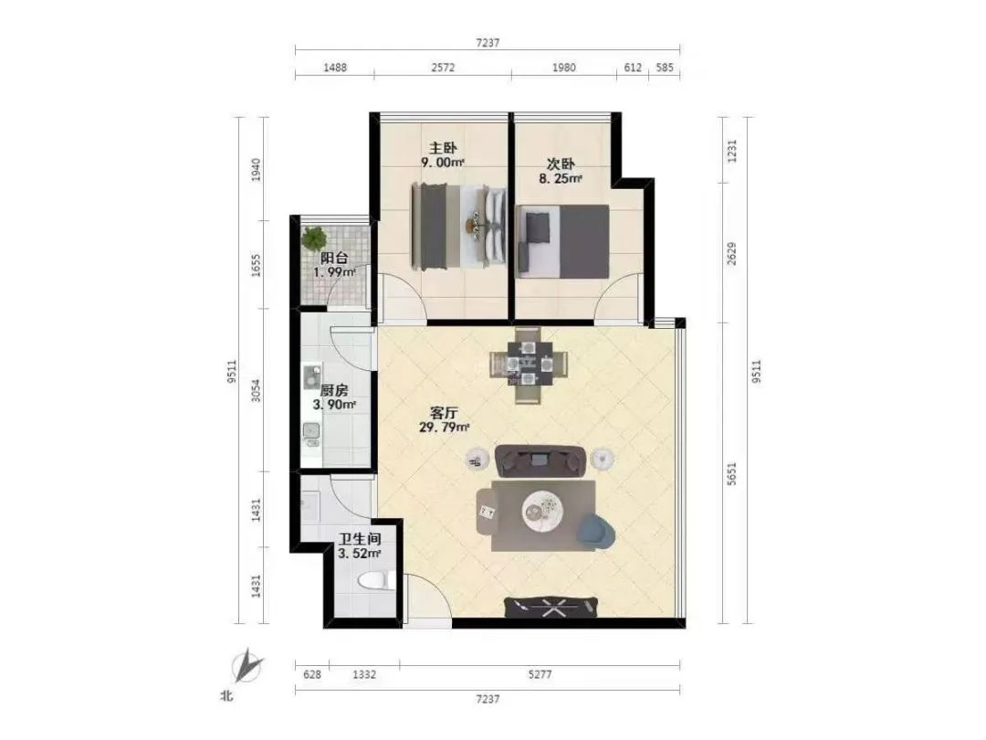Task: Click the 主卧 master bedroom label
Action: coord(443,148)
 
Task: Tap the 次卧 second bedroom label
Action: coord(561,164)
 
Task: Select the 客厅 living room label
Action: coord(444,414)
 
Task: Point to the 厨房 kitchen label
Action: coord(334,391)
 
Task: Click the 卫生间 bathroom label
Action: coord(360,539)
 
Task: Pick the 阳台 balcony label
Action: coord(334,258)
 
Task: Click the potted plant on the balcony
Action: coord(314,239)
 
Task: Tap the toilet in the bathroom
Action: coord(376,581)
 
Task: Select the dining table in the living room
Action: coord(529,365)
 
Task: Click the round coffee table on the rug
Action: coord(542,506)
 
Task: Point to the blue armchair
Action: coord(595,531)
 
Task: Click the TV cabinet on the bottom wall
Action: coord(551,608)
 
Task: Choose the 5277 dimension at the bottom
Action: coord(540,674)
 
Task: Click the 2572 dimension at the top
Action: coord(443,68)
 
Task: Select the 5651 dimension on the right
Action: coord(731,473)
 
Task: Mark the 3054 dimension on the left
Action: coord(256,391)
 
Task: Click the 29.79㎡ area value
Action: coord(444,428)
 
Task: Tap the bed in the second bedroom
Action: coord(562,241)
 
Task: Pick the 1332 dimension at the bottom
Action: coord(364,674)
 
